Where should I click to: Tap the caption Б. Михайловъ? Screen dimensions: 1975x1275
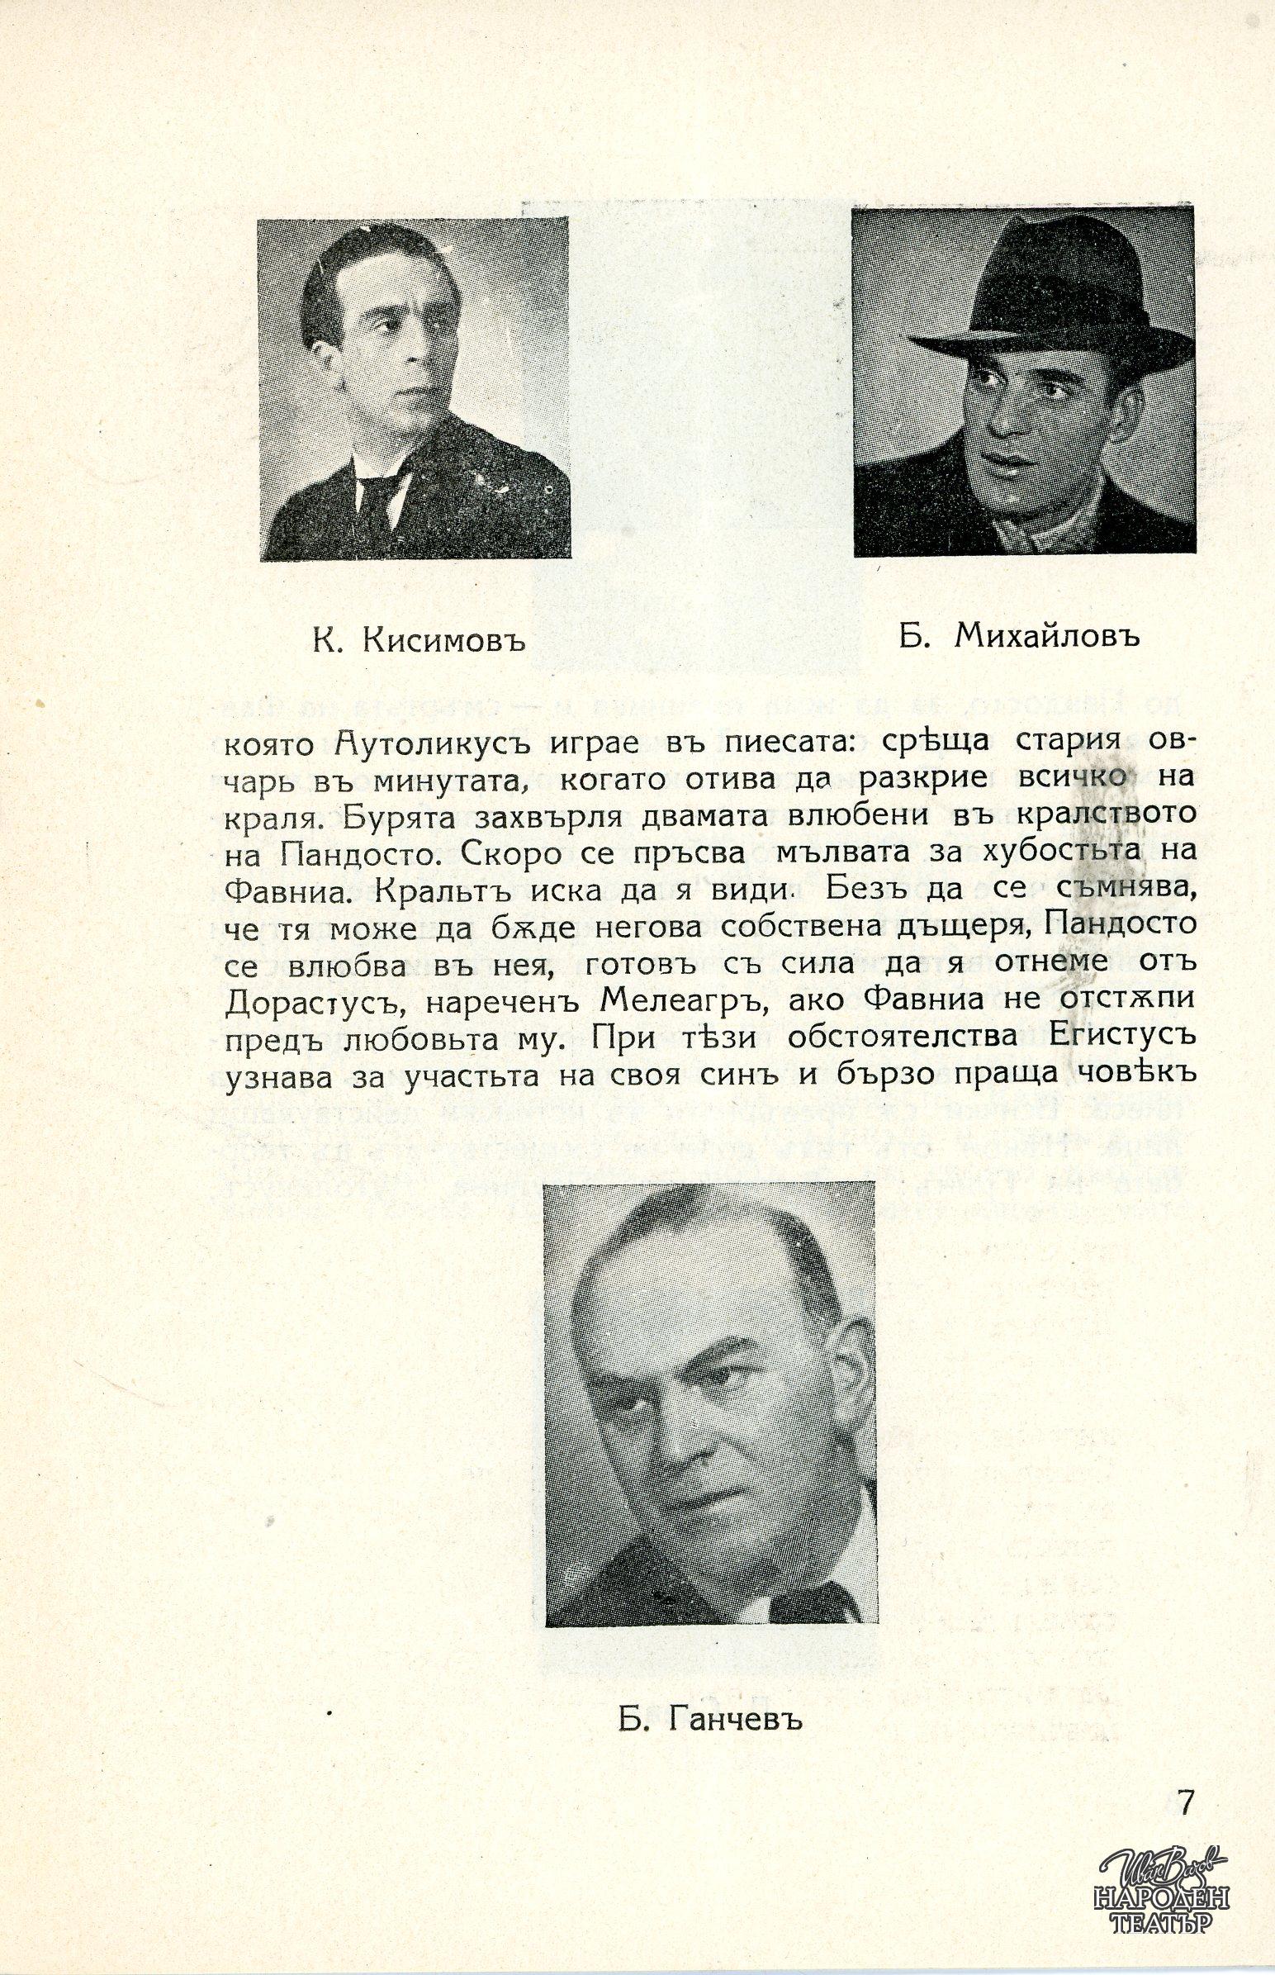[1018, 637]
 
